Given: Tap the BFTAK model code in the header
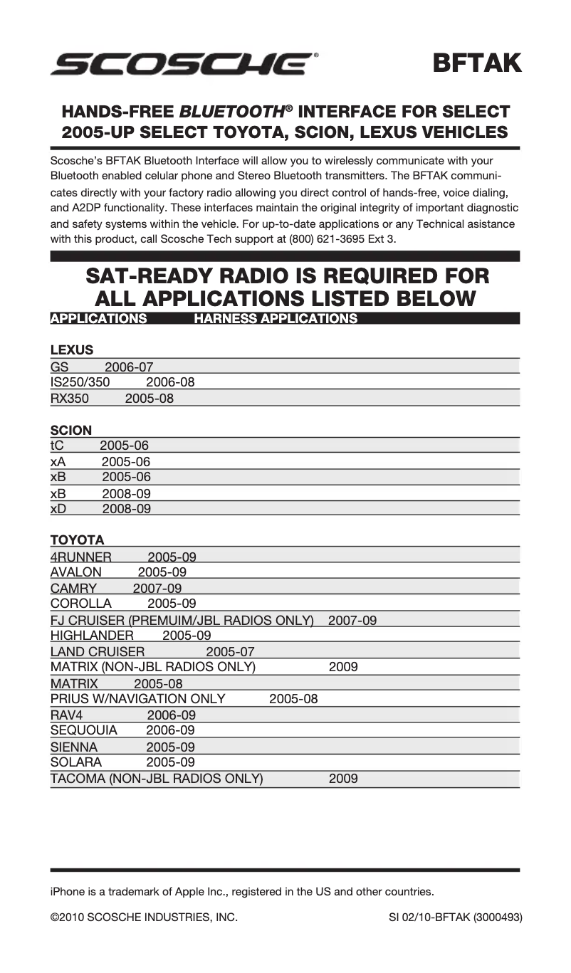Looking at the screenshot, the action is pos(477,63).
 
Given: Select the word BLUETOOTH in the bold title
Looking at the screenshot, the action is pos(231,112).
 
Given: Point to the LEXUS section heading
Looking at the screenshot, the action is pos(72,350).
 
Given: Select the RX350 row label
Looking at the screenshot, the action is pos(70,399).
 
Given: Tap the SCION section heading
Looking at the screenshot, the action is pos(71,431).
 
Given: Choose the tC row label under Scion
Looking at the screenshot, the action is pos(57,446).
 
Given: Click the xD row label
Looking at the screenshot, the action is pos(58,509).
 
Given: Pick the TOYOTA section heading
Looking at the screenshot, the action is pos(77,540).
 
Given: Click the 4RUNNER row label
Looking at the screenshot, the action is pos(81,557).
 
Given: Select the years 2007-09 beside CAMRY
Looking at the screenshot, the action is pos(157,589).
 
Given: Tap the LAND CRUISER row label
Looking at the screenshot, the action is pos(98,652).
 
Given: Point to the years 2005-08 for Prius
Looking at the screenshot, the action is pos(293,699).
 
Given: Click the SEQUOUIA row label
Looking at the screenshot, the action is pos(84,730).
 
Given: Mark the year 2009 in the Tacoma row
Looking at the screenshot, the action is pos(343,779).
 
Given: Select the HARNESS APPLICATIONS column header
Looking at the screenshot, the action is pos(276,319).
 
